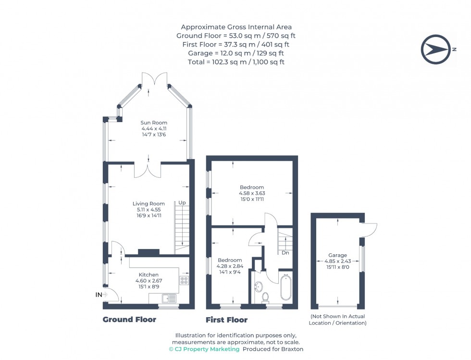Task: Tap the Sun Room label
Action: (x=154, y=123)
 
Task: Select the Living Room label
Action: (x=149, y=204)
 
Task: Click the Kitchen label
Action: (x=149, y=274)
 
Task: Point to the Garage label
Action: (x=338, y=255)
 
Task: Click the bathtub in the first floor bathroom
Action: (x=286, y=287)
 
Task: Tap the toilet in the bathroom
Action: (x=265, y=298)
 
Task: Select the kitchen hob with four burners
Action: (x=184, y=280)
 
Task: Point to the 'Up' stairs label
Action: (x=182, y=203)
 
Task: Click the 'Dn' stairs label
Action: (x=285, y=252)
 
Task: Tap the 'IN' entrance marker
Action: (x=99, y=295)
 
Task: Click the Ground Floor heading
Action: (x=129, y=320)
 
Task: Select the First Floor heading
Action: (x=226, y=320)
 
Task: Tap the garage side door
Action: (x=370, y=230)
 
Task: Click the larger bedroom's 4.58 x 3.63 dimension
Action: (x=252, y=193)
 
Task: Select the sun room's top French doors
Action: (x=154, y=80)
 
